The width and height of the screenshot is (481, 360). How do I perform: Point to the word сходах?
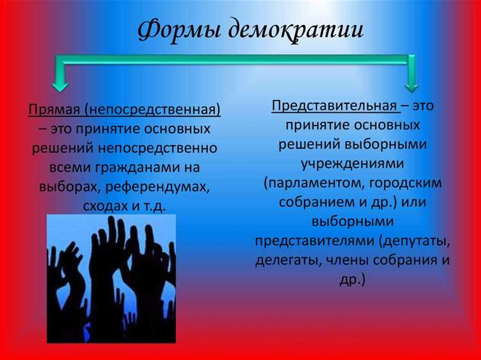104,206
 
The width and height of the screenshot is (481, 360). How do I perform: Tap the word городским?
404,183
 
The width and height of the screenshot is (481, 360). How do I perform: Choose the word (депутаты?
414,242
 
